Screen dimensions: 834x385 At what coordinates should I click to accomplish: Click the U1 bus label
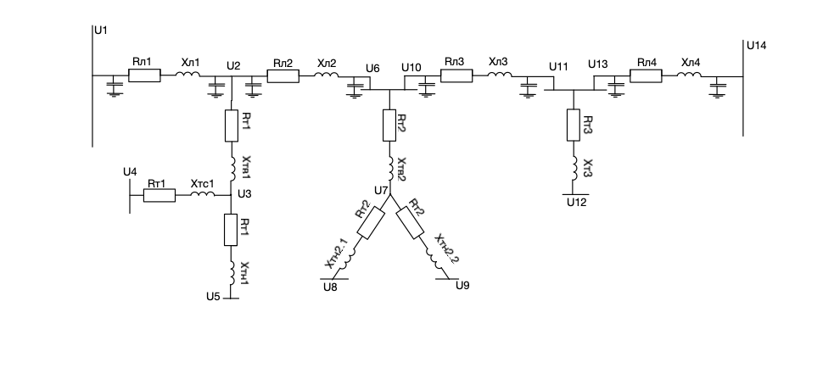pyautogui.click(x=100, y=30)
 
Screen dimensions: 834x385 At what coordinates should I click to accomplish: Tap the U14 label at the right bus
pyautogui.click(x=756, y=46)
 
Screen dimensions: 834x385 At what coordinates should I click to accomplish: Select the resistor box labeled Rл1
pyautogui.click(x=145, y=75)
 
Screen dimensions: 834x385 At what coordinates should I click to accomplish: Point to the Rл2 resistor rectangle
pyautogui.click(x=283, y=76)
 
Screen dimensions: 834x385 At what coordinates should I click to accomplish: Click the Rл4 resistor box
pyautogui.click(x=646, y=76)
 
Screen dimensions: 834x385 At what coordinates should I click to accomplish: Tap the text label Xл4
pyautogui.click(x=691, y=63)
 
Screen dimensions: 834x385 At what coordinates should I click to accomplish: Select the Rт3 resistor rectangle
pyautogui.click(x=573, y=125)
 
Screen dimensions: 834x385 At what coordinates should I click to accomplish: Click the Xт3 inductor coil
pyautogui.click(x=573, y=168)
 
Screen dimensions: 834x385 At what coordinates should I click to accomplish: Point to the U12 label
pyautogui.click(x=577, y=202)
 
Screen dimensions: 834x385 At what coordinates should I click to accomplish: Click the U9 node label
pyautogui.click(x=462, y=286)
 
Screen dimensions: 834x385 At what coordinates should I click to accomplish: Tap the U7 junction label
pyautogui.click(x=381, y=190)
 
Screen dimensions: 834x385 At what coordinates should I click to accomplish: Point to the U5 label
pyautogui.click(x=213, y=296)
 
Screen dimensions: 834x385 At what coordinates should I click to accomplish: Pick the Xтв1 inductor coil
pyautogui.click(x=232, y=168)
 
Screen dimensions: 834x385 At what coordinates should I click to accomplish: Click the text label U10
pyautogui.click(x=411, y=68)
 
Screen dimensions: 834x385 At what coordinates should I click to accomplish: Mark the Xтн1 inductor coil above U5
pyautogui.click(x=232, y=273)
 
